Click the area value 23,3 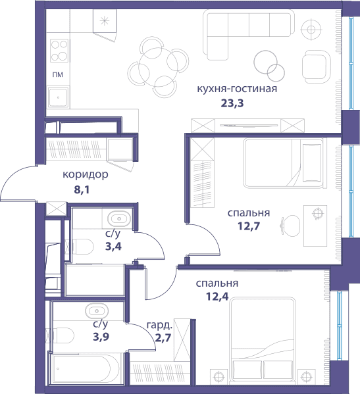(232, 103)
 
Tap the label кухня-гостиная (237, 89)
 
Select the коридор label (86, 174)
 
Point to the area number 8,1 (82, 190)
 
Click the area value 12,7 (249, 226)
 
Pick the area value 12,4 (217, 297)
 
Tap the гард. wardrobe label (159, 326)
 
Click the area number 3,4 (113, 247)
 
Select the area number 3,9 (101, 337)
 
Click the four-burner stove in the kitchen (59, 51)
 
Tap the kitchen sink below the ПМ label (59, 97)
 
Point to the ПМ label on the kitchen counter (58, 74)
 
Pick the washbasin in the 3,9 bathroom (97, 311)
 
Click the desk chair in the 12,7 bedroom (290, 226)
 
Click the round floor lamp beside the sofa (311, 30)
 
